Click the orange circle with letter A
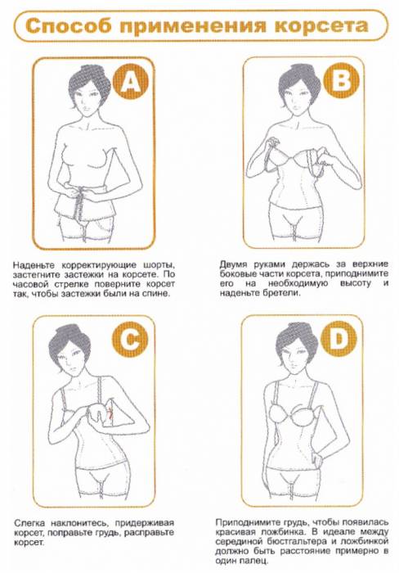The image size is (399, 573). tap(131, 81)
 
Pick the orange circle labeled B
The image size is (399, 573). tap(341, 80)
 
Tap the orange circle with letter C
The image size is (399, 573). tap(130, 339)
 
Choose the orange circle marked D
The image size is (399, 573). tap(338, 339)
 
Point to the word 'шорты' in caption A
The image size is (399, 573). tap(159, 265)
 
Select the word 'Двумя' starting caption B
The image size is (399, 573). tap(233, 264)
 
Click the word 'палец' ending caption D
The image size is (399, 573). tap(257, 561)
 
